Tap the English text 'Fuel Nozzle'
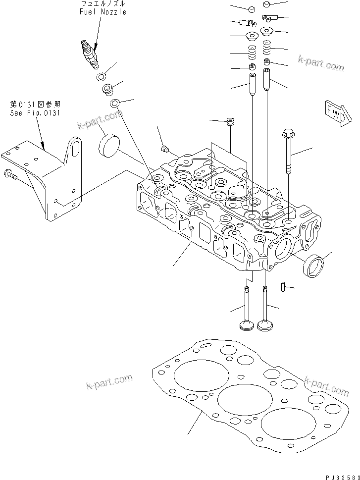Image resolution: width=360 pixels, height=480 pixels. click(x=103, y=12)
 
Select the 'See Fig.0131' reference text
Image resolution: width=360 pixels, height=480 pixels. click(x=35, y=113)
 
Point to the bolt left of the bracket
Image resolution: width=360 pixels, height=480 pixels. click(x=10, y=174)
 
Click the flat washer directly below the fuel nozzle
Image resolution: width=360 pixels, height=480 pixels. click(x=102, y=77)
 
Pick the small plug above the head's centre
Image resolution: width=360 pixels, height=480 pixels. click(x=230, y=122)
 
